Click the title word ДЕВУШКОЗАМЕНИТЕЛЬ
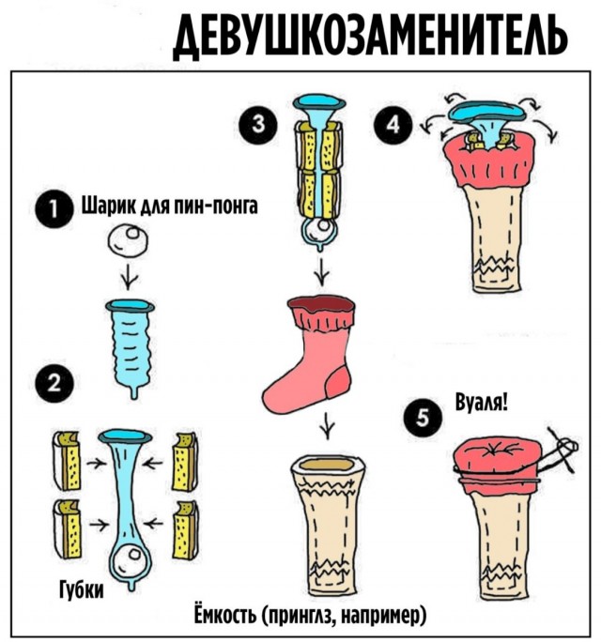click(x=370, y=37)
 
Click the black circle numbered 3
click(x=257, y=124)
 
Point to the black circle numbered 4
click(x=393, y=124)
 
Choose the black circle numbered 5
click(x=423, y=419)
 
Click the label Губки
click(x=82, y=589)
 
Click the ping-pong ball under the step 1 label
click(x=128, y=240)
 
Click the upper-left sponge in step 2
click(x=67, y=460)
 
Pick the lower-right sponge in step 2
click(x=185, y=530)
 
